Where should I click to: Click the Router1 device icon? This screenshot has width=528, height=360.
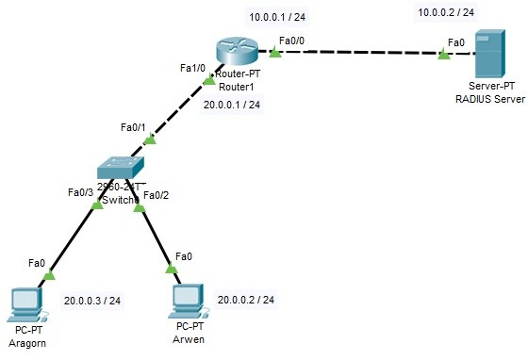[230, 48]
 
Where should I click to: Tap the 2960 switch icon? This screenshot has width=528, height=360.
[123, 168]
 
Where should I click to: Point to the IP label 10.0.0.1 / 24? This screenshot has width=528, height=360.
[276, 16]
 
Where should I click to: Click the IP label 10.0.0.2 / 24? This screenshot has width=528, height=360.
[446, 12]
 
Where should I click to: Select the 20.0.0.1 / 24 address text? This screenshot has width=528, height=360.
[231, 105]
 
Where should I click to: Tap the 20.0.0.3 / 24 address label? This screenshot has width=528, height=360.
[92, 301]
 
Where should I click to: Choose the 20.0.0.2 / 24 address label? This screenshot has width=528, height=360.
[246, 300]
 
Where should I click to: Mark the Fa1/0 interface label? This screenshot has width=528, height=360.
[193, 69]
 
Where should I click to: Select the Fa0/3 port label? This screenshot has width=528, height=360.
[80, 192]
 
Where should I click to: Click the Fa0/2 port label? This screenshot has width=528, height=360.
[157, 195]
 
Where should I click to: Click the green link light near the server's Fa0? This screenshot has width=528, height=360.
[442, 55]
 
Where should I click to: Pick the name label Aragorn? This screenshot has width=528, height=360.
[26, 344]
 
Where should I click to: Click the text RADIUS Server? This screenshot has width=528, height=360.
[489, 97]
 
